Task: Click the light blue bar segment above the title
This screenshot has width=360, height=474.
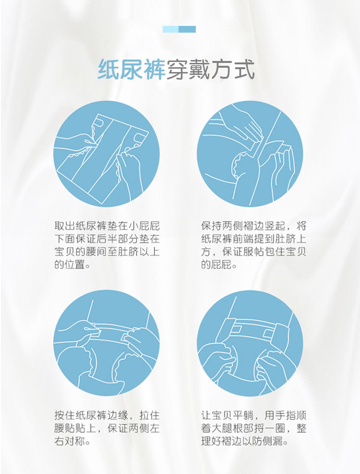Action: point(170,29)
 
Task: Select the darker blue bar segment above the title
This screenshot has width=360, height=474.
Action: point(187,29)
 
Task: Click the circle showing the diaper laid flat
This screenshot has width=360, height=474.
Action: point(107,154)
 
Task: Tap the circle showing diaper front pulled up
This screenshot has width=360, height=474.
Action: point(250,154)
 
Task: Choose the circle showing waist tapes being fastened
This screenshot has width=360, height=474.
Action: point(107,343)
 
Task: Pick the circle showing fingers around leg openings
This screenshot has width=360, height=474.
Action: point(250,343)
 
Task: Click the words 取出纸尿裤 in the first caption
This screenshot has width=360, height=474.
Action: point(81,226)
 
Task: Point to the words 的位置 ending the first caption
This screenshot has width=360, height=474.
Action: point(70,265)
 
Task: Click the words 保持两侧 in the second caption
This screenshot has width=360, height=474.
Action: point(222,226)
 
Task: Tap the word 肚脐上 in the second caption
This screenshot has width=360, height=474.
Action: point(291,239)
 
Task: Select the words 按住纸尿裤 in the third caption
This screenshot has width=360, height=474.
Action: point(81,415)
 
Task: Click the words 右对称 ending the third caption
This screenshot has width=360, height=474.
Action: point(70,441)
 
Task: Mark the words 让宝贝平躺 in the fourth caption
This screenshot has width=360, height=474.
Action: point(228,415)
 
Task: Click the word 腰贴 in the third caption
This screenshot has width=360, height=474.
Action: point(65,428)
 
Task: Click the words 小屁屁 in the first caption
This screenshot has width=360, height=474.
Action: point(144,226)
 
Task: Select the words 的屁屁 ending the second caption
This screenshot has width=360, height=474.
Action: point(217,265)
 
